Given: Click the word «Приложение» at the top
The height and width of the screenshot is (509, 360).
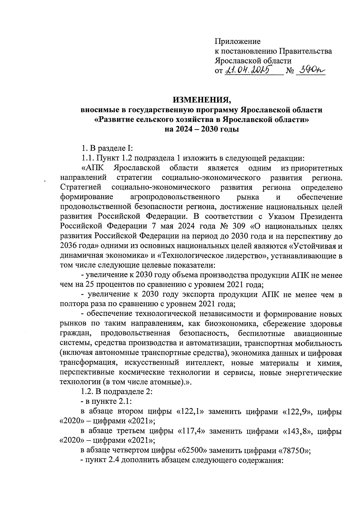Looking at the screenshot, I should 238,41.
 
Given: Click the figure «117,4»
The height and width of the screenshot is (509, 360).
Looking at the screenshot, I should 191,431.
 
